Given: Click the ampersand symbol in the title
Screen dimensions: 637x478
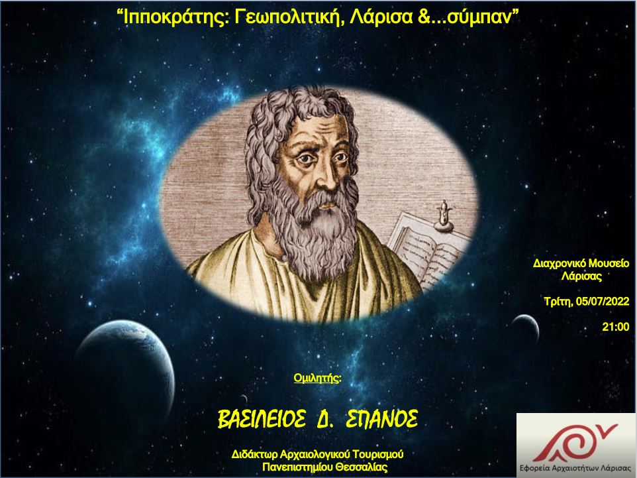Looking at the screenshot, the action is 423,17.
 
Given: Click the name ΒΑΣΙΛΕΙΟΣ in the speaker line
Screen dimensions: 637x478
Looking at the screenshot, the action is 262,419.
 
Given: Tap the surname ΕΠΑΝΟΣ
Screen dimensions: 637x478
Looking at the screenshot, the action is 381,419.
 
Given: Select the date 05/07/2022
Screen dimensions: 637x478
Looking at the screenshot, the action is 603,302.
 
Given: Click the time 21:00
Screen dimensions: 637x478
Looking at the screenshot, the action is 615,327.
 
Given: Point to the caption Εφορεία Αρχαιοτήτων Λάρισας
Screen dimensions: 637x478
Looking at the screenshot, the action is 576,467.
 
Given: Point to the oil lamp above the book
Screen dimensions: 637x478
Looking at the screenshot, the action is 443,216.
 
